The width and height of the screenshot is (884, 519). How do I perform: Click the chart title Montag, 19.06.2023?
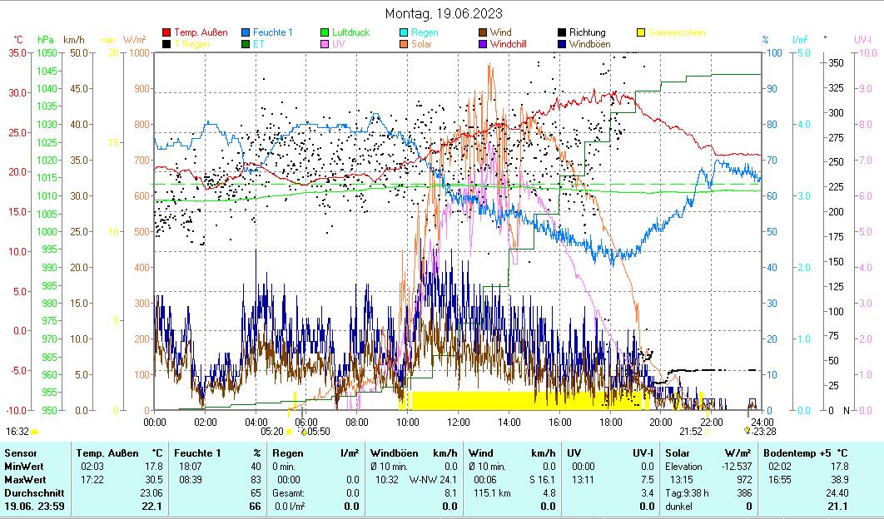pos(444,13)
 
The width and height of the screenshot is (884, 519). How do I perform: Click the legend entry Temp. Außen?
pos(201,32)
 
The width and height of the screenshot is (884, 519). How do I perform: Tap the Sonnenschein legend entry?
pos(676,32)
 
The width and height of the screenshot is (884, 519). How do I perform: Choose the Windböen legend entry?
pos(588,43)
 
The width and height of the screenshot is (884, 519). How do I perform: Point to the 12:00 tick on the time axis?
pos(459,422)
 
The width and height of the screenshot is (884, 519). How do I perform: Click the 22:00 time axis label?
pos(712,422)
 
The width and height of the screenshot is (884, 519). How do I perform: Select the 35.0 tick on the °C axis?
pos(17,52)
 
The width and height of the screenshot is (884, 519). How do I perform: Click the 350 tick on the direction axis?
pos(837,62)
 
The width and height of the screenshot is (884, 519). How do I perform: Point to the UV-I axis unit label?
pos(862,39)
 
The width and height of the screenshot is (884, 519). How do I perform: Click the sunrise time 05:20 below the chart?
pos(272,431)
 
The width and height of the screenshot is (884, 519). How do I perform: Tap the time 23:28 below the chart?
pos(764,431)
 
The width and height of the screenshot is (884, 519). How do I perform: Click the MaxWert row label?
pos(24,480)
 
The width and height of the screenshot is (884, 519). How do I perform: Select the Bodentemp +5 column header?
pos(805,453)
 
